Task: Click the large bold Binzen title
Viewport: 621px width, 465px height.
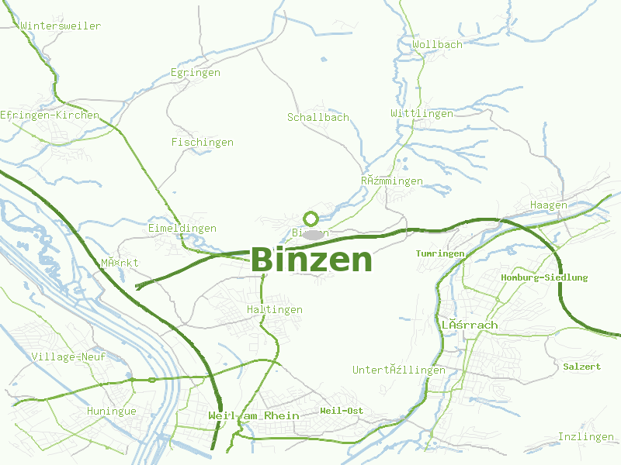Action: tap(311, 260)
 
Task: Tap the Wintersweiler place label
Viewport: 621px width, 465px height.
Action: tap(61, 26)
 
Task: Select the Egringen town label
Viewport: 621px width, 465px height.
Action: tap(195, 73)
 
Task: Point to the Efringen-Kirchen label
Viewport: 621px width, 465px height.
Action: tap(50, 115)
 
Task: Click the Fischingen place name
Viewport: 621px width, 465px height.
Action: tap(202, 143)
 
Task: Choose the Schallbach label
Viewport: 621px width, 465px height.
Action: tap(318, 118)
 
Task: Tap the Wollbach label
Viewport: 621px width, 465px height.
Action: tap(437, 45)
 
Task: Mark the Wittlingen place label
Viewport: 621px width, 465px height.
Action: tap(422, 114)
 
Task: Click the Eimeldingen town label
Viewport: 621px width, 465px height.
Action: tap(182, 229)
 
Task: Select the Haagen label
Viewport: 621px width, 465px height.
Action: tap(548, 205)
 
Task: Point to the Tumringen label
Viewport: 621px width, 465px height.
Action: tap(440, 253)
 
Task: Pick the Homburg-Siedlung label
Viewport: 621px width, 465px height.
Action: tap(544, 277)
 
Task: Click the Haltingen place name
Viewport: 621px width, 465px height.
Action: tap(274, 310)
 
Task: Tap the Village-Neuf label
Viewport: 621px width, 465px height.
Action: tap(68, 357)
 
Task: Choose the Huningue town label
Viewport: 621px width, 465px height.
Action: tap(111, 412)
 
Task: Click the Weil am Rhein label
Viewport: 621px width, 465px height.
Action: tap(253, 416)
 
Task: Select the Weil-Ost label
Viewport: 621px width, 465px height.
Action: tap(342, 411)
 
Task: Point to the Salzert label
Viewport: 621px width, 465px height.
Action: tap(582, 367)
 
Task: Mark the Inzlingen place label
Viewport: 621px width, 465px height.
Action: tap(585, 437)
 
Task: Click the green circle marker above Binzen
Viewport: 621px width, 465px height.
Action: tap(311, 219)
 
